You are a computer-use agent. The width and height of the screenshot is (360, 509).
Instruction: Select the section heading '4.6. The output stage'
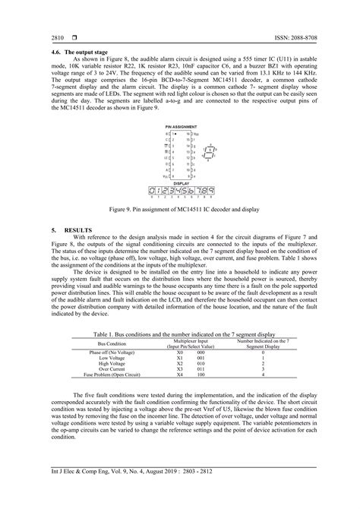pos(71,51)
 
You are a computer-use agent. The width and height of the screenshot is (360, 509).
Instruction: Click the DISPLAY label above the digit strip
pos(180,183)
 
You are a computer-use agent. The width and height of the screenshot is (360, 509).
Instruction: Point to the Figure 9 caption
pos(179,207)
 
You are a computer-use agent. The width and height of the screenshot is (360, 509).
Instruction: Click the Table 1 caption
pos(179,334)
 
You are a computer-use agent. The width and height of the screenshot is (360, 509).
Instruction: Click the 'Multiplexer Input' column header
pos(191,340)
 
